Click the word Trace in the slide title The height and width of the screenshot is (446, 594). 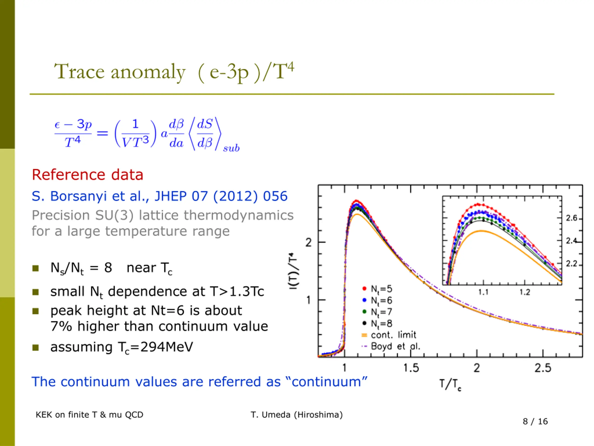(79, 72)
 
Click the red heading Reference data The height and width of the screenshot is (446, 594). (87, 175)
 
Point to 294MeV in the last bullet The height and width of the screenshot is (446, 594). (167, 347)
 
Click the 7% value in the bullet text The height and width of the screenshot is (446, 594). (61, 326)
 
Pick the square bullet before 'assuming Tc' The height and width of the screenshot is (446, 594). (36, 347)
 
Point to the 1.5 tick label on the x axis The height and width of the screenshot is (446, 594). (411, 368)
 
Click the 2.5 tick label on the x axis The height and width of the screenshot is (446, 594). (543, 368)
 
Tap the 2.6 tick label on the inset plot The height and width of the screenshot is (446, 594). (571, 218)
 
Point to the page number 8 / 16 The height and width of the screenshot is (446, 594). (535, 421)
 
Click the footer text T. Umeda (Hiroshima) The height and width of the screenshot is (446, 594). (297, 415)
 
